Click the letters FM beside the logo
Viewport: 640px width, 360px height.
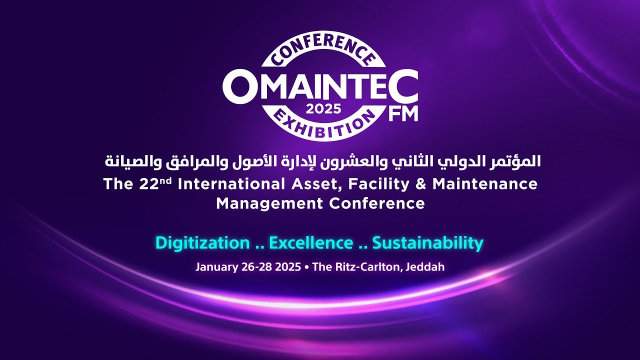tap(403, 113)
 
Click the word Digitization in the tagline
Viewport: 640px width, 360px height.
tap(202, 243)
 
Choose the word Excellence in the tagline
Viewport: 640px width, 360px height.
tap(311, 243)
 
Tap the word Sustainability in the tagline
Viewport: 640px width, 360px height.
tap(428, 243)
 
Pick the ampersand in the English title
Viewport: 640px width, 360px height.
tap(420, 184)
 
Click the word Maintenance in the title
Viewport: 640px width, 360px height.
tap(485, 184)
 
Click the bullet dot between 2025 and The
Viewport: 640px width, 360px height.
tap(305, 267)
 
